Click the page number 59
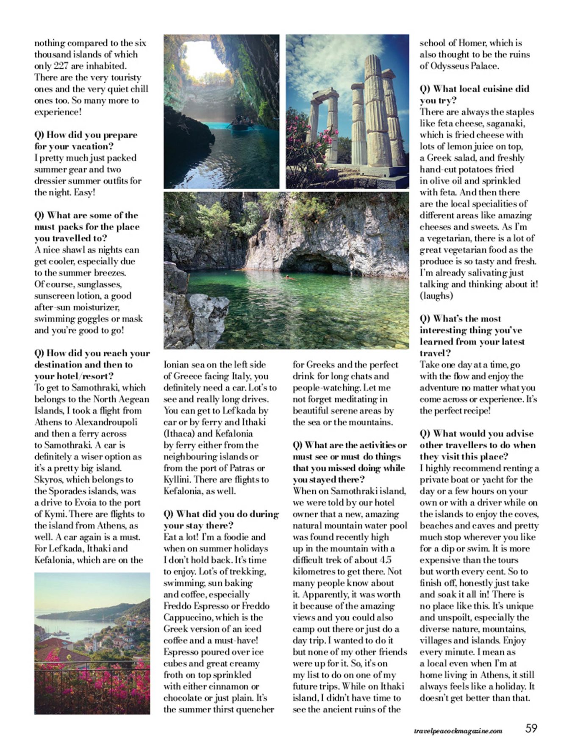(x=531, y=728)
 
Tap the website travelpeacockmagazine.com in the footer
(x=458, y=730)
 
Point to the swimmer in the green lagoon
(x=289, y=278)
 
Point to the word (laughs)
(x=436, y=296)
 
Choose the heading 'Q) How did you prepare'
(x=86, y=135)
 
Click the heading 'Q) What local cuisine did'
(x=475, y=89)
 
